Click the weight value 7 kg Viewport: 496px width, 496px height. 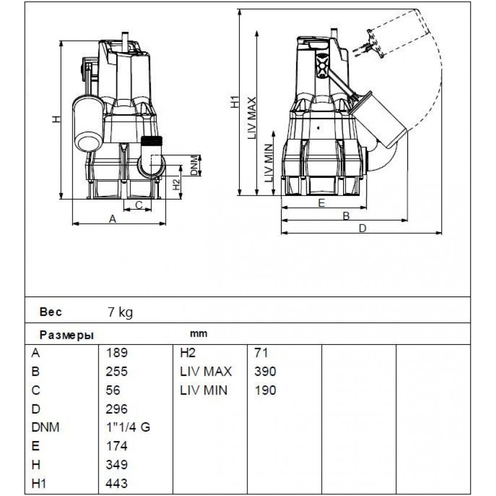119,312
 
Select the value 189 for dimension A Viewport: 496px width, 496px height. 116,353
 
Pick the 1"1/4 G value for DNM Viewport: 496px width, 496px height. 128,428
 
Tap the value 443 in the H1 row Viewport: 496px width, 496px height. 116,484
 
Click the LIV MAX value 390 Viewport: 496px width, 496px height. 265,372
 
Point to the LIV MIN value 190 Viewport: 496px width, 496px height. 265,390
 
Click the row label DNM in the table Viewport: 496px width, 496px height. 45,428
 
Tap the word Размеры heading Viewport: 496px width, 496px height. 66,334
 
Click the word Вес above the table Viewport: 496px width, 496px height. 50,312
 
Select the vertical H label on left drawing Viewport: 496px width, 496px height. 56,119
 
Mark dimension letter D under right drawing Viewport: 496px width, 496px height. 363,228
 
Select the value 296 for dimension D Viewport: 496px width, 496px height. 116,409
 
